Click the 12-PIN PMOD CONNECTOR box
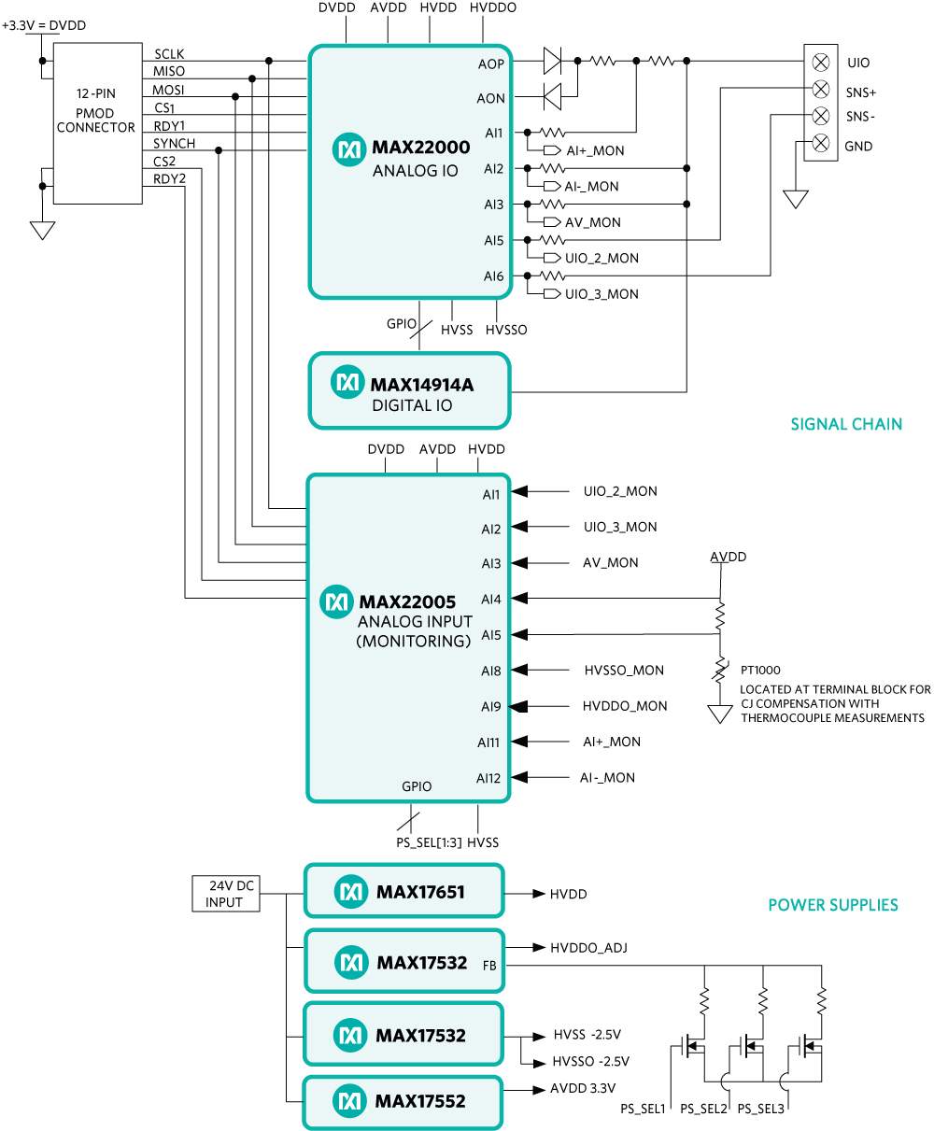tap(96, 121)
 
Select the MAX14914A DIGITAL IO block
tap(410, 390)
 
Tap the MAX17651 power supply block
tap(403, 893)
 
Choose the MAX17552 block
tap(403, 1102)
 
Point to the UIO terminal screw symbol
tap(821, 63)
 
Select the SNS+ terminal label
tap(861, 93)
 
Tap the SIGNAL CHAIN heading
tap(846, 424)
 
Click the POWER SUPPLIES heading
tap(833, 905)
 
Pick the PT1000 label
tap(761, 670)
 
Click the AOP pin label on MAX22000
tap(489, 64)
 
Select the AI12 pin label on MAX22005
tap(488, 778)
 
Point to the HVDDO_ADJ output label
tap(588, 948)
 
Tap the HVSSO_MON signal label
tap(624, 670)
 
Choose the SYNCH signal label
tap(175, 144)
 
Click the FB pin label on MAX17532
tap(489, 964)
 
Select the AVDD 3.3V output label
tap(583, 1089)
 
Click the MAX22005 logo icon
tap(335, 601)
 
